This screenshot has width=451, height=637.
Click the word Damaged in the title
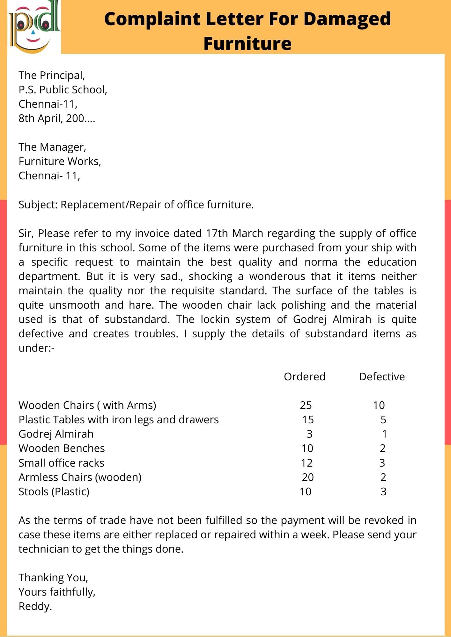(347, 19)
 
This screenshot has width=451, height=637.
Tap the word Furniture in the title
(248, 44)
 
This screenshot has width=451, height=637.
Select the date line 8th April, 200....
(57, 118)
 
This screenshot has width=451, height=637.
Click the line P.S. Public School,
(63, 90)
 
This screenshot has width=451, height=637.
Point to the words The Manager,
(52, 147)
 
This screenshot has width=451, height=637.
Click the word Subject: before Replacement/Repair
(38, 205)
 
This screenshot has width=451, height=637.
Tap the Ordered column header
(305, 377)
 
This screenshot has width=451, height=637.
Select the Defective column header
(382, 377)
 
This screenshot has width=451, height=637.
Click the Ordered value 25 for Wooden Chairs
(306, 405)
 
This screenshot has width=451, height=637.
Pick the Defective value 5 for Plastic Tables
(383, 420)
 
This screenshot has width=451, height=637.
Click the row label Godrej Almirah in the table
(56, 434)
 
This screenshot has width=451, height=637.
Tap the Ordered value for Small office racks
(307, 463)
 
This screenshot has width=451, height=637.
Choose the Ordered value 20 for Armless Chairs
(308, 477)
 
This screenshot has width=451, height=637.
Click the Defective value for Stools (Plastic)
(383, 492)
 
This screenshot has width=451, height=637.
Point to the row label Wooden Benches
(62, 448)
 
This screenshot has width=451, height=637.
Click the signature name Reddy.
(35, 606)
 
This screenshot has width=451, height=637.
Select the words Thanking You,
(53, 578)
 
